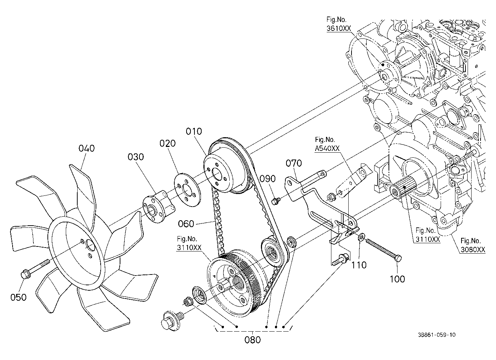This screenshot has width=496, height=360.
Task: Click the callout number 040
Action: [87, 148]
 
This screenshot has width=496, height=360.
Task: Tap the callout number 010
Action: [194, 131]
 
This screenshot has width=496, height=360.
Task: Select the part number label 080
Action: [252, 340]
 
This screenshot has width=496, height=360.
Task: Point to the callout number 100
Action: [397, 279]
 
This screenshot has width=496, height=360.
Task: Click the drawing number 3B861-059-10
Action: [437, 334]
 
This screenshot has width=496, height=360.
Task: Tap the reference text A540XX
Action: [327, 148]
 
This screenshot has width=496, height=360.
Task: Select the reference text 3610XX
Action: [339, 28]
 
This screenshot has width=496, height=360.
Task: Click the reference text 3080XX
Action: [473, 249]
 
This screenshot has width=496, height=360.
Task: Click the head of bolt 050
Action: [25, 274]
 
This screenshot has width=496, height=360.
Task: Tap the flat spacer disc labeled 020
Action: [188, 189]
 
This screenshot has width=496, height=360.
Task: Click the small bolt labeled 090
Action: [276, 201]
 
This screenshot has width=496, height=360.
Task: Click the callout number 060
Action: [186, 224]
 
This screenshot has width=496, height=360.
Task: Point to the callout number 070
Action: [294, 163]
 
